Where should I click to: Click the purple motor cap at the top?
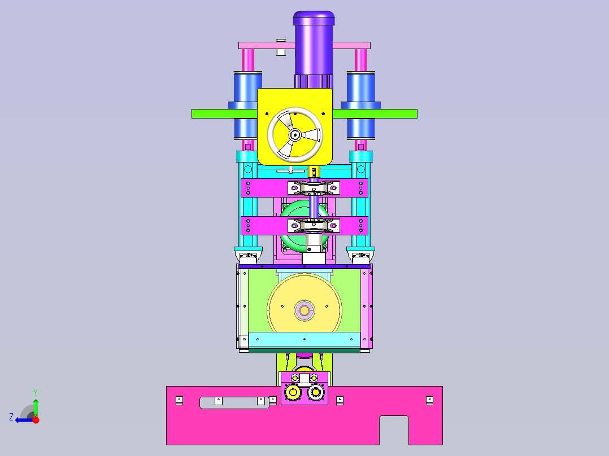coord(314,18)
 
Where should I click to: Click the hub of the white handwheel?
coord(295,135)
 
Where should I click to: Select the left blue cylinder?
coord(247,105)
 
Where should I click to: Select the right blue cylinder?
coord(361,105)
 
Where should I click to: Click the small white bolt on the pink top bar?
coord(281,47)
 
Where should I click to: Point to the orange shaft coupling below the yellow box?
coord(314,172)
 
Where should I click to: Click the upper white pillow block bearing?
coord(314,188)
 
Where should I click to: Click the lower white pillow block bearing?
coord(314,226)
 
